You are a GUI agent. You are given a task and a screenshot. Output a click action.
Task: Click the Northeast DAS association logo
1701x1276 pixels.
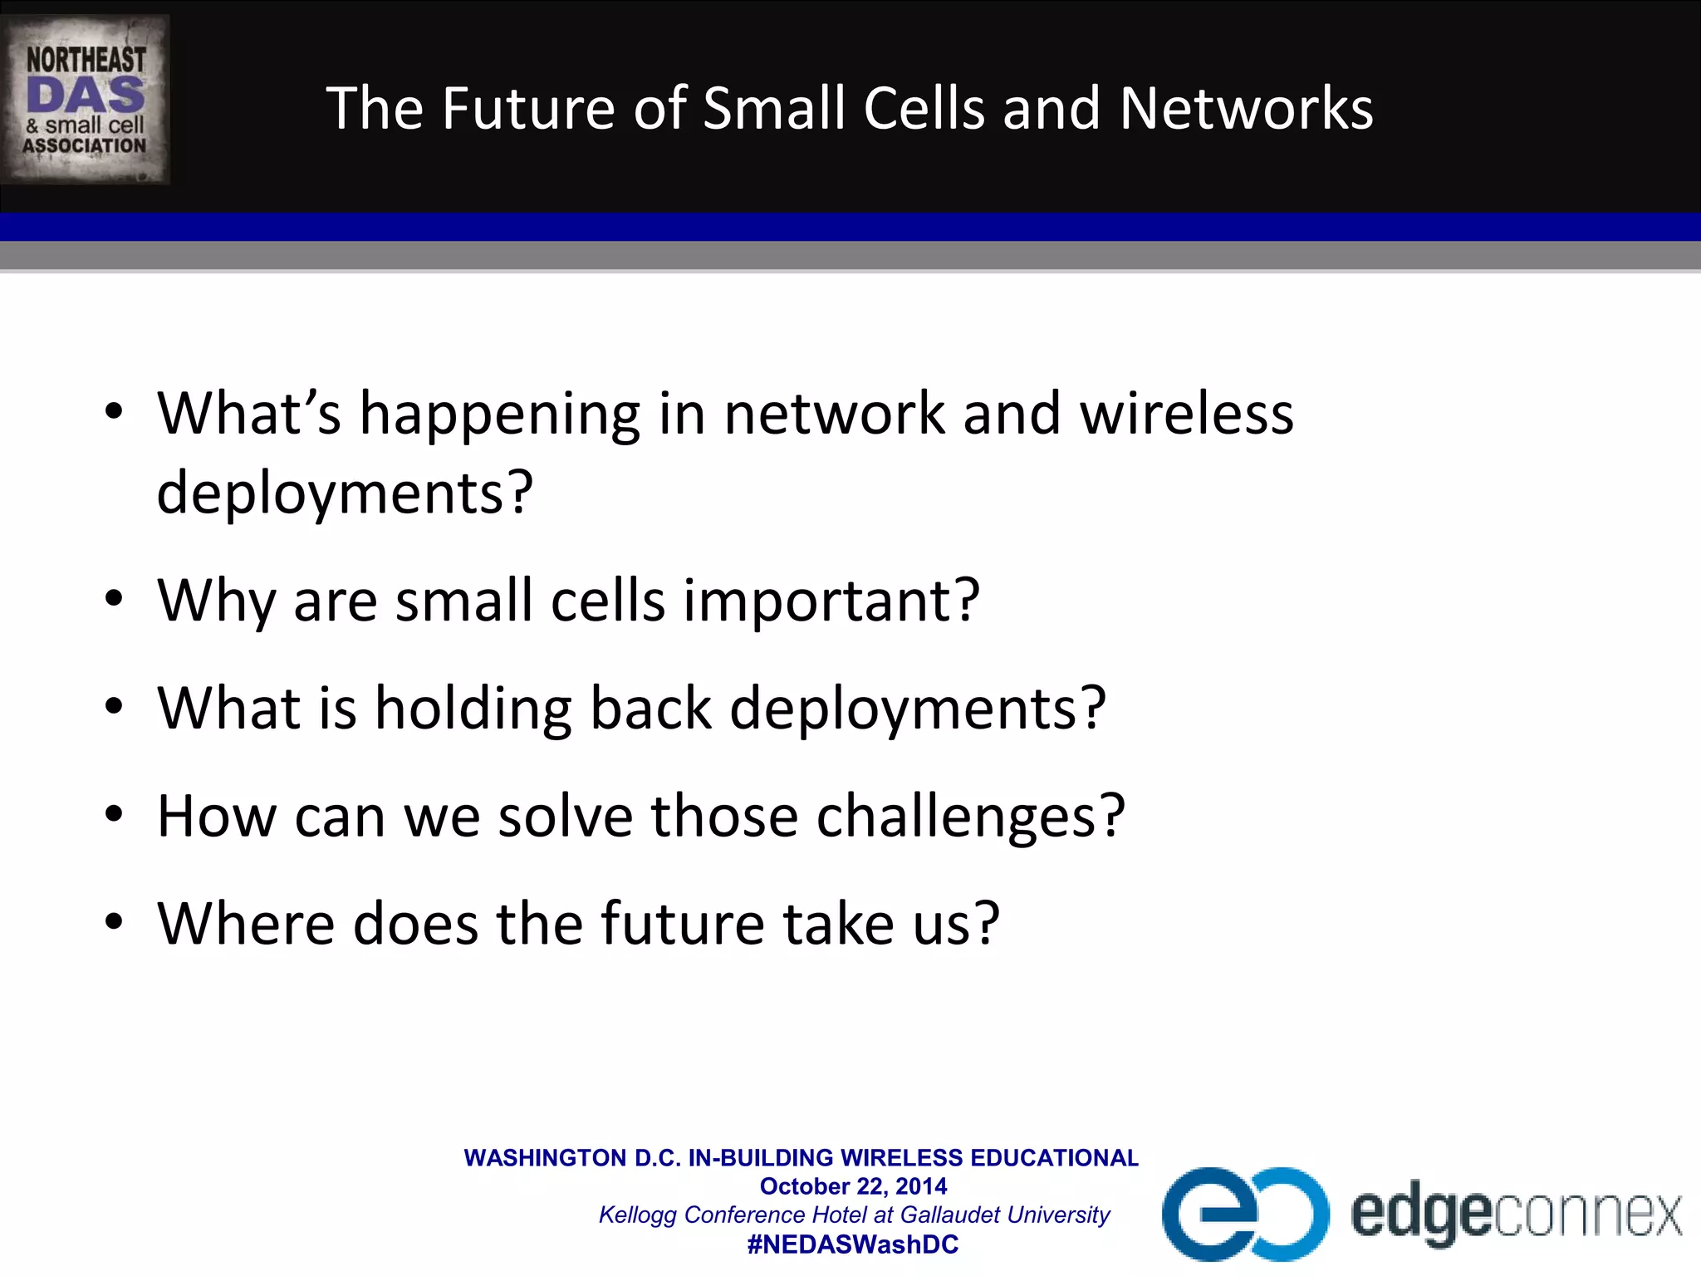86,100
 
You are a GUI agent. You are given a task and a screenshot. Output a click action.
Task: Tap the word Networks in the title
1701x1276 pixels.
1246,109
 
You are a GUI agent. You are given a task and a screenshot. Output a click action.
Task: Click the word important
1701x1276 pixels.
831,601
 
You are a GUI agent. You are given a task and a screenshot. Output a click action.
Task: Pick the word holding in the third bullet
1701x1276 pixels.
473,709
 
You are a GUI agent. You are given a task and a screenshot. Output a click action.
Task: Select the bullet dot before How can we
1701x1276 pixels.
114,814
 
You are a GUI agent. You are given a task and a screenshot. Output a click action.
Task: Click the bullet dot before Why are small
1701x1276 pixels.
114,599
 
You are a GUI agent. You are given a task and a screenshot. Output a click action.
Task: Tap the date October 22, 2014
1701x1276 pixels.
853,1186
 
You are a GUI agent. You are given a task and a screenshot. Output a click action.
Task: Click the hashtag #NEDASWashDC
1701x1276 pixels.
853,1244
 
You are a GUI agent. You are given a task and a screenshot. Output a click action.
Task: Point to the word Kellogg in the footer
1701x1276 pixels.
638,1215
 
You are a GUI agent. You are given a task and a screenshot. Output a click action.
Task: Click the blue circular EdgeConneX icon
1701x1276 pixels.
1244,1214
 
